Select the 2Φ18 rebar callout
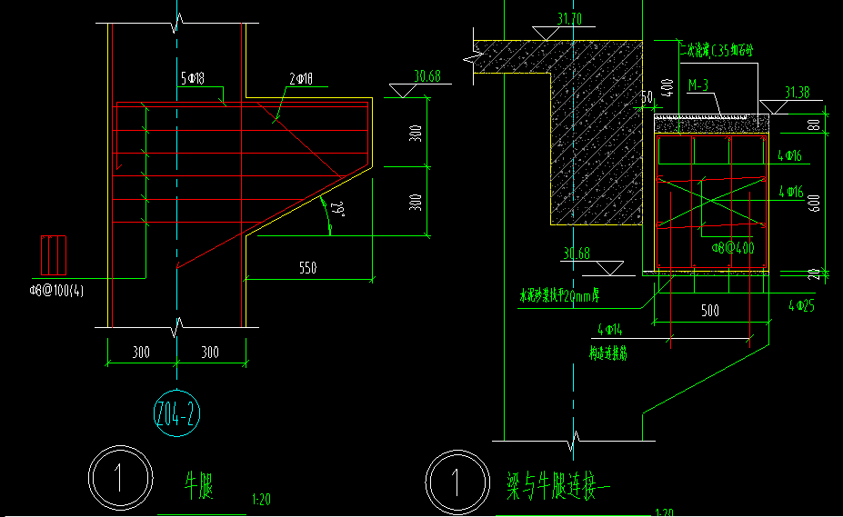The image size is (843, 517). click(301, 80)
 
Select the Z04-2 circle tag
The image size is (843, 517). click(176, 416)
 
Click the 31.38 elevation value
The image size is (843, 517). click(797, 93)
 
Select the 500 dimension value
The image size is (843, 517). click(710, 311)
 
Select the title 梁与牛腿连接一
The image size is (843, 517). click(559, 482)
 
